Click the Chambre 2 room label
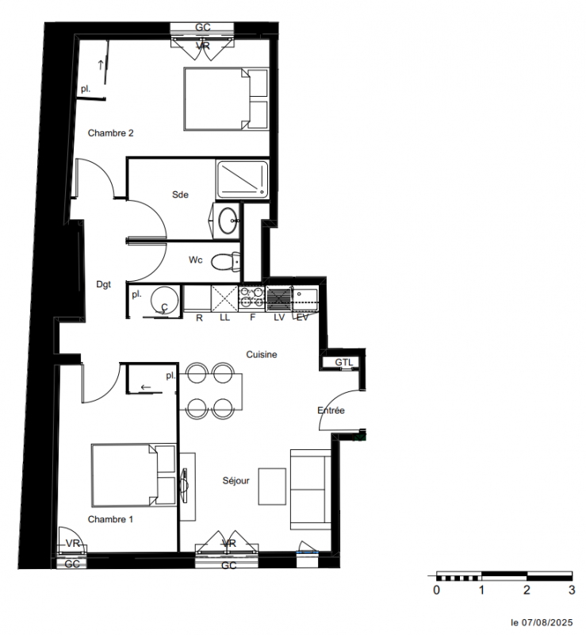[110, 133]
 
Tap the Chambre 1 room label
[110, 519]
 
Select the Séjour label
[236, 481]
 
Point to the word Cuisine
[262, 354]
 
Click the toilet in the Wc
[225, 261]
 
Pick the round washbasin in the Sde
[228, 221]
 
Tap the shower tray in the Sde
[242, 179]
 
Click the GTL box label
[343, 363]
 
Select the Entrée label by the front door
[331, 410]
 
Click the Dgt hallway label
[103, 284]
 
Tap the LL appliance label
[224, 318]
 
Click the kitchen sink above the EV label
[305, 298]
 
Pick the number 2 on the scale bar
[527, 590]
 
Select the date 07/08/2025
[546, 622]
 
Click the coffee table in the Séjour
[272, 487]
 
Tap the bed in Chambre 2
[226, 99]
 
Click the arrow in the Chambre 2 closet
[101, 64]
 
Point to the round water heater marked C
[164, 301]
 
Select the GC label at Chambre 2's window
[202, 27]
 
